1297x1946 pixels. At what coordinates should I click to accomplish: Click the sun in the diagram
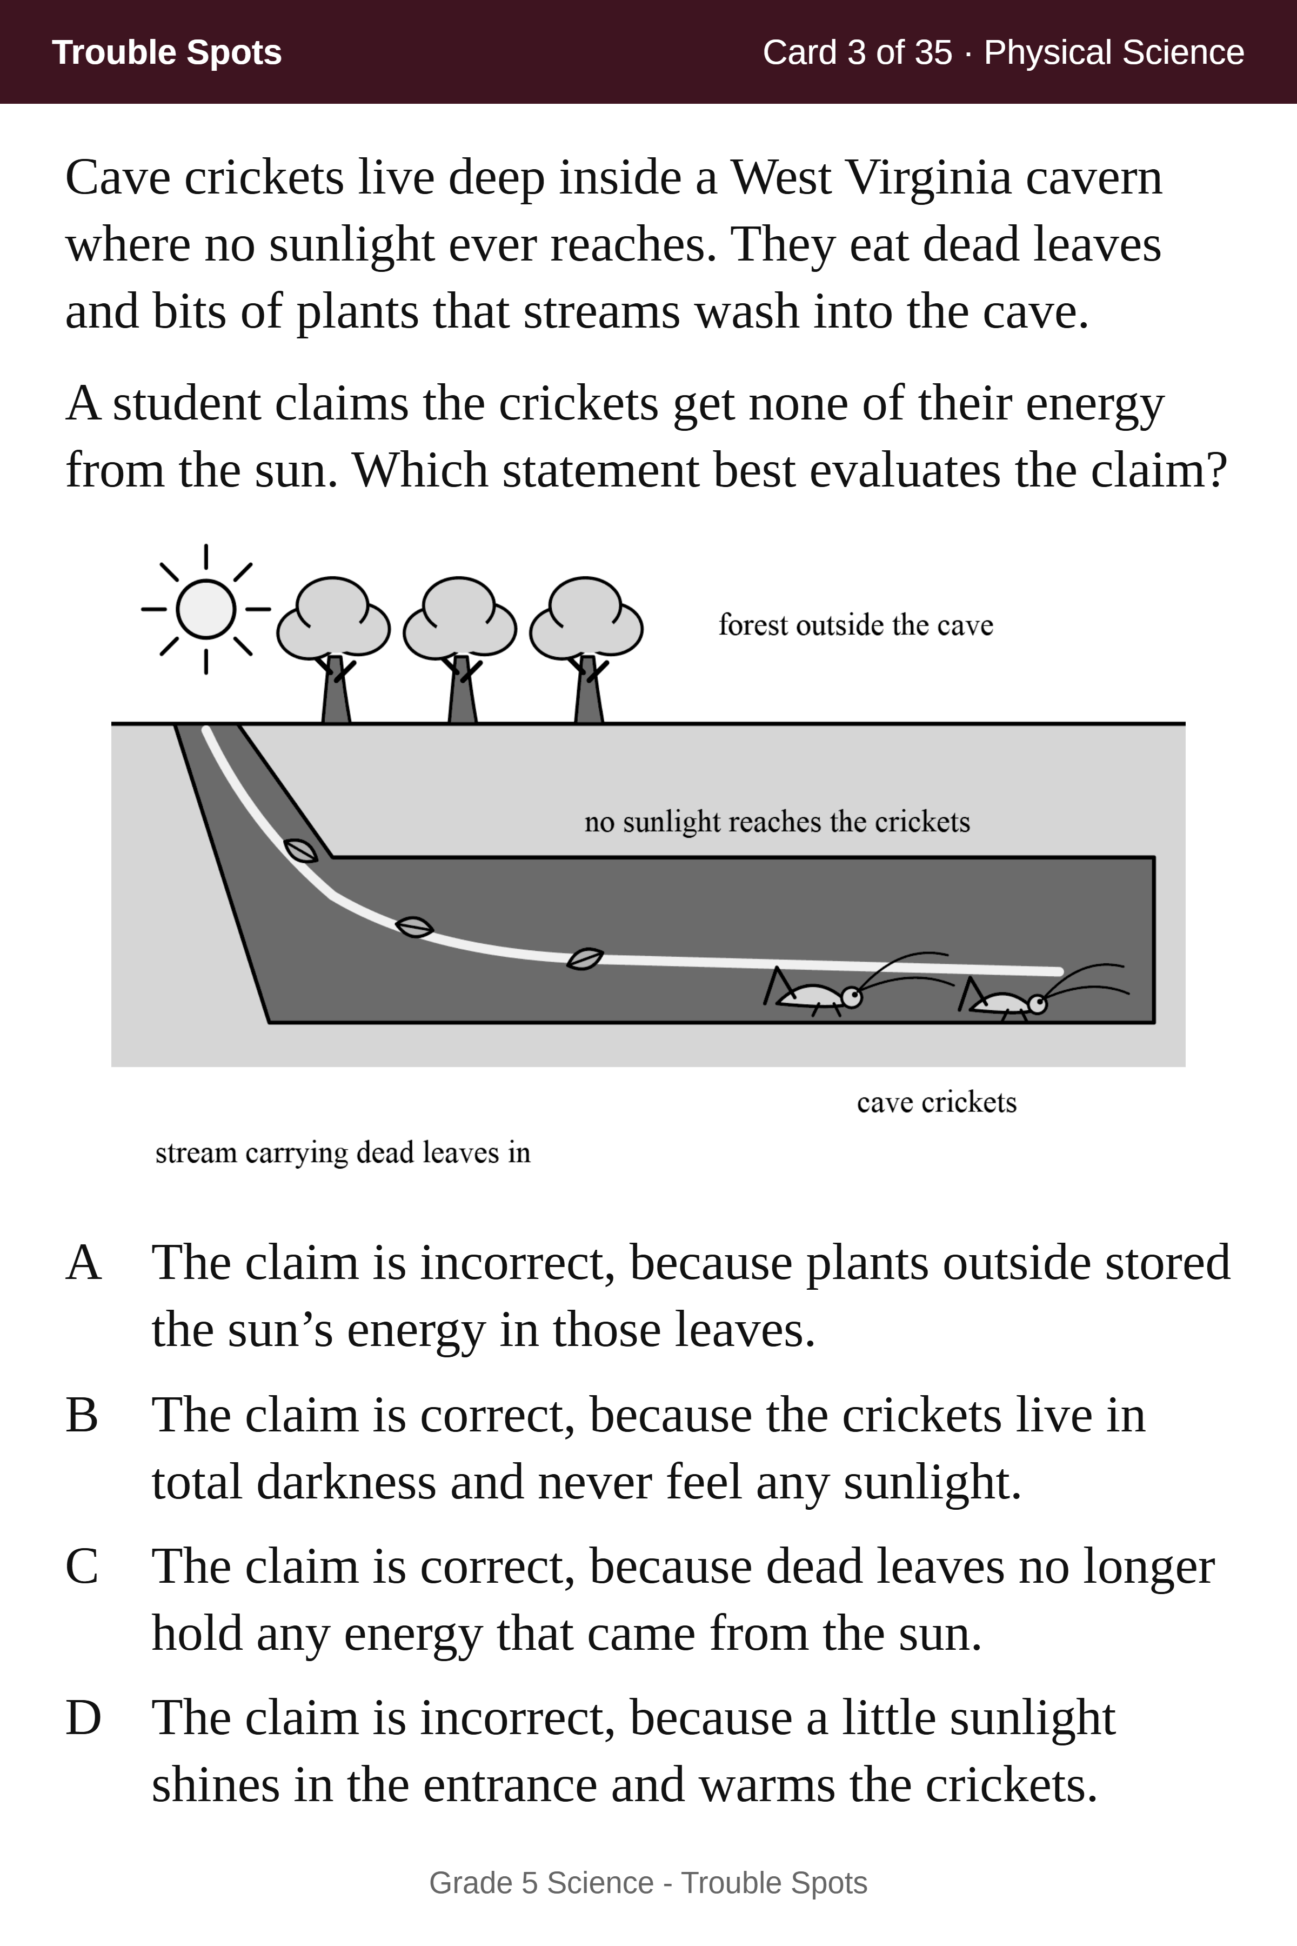pos(206,609)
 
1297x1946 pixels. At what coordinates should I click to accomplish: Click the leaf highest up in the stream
pos(300,850)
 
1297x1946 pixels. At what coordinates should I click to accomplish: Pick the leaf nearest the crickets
pos(585,958)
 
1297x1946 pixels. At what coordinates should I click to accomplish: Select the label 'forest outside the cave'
pos(855,625)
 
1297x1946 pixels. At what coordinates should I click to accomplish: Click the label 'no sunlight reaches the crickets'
pos(777,822)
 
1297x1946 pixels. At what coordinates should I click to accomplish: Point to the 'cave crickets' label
pos(937,1102)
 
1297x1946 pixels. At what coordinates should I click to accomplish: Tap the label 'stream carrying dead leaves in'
pos(343,1152)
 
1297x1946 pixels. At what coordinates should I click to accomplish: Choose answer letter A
pos(84,1263)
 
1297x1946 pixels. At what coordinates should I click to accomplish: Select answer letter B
pos(82,1415)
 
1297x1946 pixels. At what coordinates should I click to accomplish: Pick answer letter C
pos(82,1566)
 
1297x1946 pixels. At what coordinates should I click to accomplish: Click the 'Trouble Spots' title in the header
pos(167,52)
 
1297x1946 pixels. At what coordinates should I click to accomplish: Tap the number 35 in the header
pos(934,52)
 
